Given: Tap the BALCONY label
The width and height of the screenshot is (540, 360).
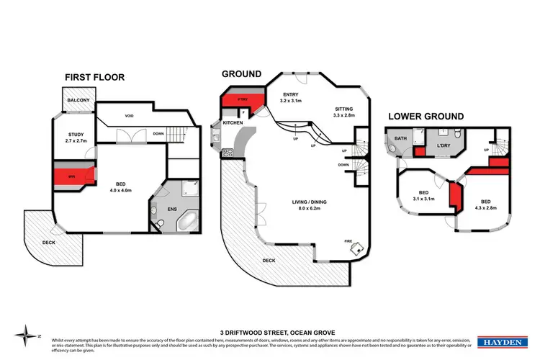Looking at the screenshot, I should [77, 101].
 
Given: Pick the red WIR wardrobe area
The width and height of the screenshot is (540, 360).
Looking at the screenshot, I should [73, 175].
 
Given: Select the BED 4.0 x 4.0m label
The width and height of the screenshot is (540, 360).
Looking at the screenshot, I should [119, 186].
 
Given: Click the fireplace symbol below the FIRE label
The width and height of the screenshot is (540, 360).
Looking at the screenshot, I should [356, 248].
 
